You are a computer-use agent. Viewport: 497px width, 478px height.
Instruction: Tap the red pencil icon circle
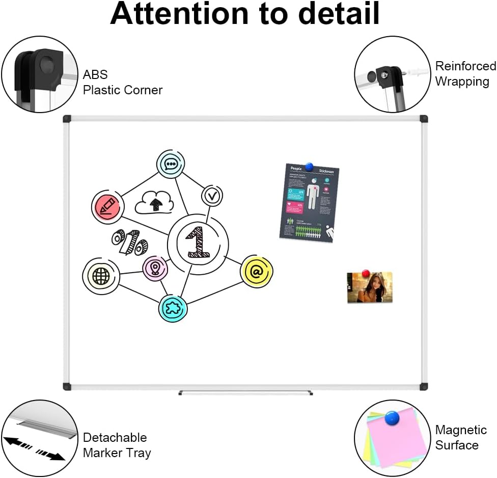(x=107, y=206)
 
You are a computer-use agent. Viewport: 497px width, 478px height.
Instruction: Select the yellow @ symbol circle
(x=257, y=271)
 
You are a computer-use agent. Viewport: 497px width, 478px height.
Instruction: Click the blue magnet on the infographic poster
(x=309, y=167)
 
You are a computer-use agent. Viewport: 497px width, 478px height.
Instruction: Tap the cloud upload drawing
(x=154, y=202)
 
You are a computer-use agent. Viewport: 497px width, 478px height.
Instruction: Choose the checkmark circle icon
(x=212, y=195)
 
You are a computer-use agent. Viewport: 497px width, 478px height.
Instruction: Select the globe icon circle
(x=101, y=276)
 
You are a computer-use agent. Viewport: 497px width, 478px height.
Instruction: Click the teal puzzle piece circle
(x=173, y=307)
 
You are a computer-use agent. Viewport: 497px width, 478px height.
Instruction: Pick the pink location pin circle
(x=155, y=268)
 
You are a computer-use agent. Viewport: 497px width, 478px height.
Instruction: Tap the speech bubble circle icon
(x=171, y=164)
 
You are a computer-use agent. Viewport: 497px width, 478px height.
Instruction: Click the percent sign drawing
(x=130, y=241)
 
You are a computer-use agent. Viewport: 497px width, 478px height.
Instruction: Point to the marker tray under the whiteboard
(x=245, y=393)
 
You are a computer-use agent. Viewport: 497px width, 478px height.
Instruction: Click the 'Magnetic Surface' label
(x=461, y=438)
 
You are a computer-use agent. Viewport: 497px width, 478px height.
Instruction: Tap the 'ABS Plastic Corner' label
(x=122, y=83)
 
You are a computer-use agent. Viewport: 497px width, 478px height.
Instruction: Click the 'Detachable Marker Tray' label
(x=117, y=445)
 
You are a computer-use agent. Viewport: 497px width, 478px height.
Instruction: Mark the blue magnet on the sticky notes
(x=392, y=419)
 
